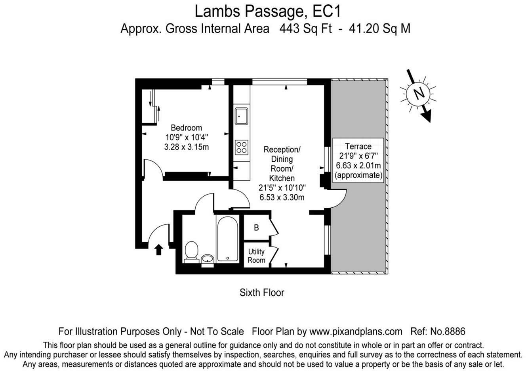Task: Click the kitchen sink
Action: point(241,116)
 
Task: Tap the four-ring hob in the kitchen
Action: point(241,147)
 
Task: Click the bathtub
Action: point(227,239)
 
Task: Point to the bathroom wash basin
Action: point(207,260)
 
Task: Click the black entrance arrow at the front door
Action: point(159,250)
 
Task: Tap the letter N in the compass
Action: point(418,94)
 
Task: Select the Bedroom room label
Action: point(187,128)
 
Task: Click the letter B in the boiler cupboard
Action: point(256,228)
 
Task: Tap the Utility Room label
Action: point(256,256)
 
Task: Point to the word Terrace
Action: point(358,146)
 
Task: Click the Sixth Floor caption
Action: point(262,293)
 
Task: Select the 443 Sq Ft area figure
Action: point(305,29)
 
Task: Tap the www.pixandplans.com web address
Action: point(356,331)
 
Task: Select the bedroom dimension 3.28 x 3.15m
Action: point(187,147)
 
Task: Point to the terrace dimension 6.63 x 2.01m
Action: point(358,166)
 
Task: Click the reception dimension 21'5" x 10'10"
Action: point(282,188)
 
